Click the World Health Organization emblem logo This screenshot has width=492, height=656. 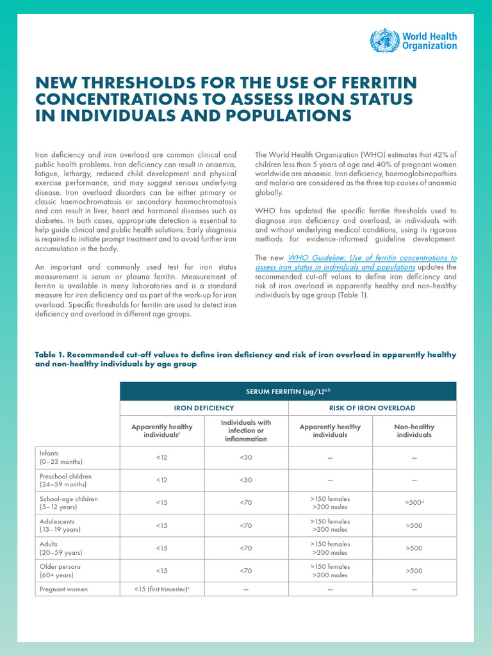tap(384, 40)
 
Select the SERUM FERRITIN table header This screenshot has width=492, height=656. tap(288, 391)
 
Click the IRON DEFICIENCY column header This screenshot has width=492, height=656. tap(204, 407)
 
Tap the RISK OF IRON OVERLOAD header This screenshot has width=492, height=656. tap(372, 407)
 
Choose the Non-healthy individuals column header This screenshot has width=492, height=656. tap(414, 430)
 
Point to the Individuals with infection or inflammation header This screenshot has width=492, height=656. tap(246, 430)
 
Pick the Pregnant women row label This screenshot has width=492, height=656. tap(63, 589)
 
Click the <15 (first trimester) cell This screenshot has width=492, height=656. tap(161, 589)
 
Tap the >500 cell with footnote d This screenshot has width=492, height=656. tap(413, 503)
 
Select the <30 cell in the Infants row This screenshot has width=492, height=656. tap(246, 457)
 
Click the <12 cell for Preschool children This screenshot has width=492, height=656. tap(161, 480)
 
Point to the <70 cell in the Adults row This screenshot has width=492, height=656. tap(246, 548)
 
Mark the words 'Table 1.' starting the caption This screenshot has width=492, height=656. tap(49, 355)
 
